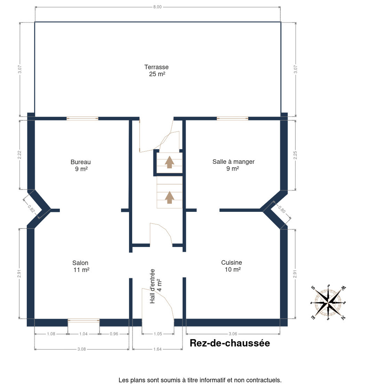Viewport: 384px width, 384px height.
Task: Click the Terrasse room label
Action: [x=156, y=70]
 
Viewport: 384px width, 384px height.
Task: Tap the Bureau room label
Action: [x=81, y=165]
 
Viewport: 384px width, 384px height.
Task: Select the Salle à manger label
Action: [x=233, y=165]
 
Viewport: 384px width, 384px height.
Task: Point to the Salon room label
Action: [x=81, y=266]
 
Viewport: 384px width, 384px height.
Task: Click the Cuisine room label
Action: [x=232, y=266]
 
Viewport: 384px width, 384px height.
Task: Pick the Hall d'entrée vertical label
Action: [x=156, y=286]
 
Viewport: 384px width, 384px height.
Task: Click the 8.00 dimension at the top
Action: [x=157, y=7]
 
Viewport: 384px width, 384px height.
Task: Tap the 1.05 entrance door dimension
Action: [x=158, y=334]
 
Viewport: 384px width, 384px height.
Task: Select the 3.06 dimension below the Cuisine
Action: [x=233, y=334]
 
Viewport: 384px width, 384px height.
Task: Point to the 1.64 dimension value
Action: [x=157, y=349]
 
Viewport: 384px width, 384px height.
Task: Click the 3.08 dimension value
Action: [x=82, y=349]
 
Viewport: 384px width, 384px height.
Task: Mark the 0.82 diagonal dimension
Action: [x=31, y=209]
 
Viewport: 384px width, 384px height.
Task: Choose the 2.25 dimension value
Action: [x=295, y=155]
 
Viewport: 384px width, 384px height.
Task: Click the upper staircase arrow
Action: [x=170, y=162]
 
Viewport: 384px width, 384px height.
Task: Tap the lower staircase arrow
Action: [x=170, y=197]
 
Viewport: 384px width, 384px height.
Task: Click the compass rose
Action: [x=328, y=303]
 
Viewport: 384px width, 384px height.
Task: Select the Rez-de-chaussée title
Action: [x=230, y=343]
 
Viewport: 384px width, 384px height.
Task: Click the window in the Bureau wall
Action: [x=82, y=119]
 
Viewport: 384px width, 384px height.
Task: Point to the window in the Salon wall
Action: [x=84, y=321]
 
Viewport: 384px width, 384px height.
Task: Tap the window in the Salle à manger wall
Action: [x=233, y=119]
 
